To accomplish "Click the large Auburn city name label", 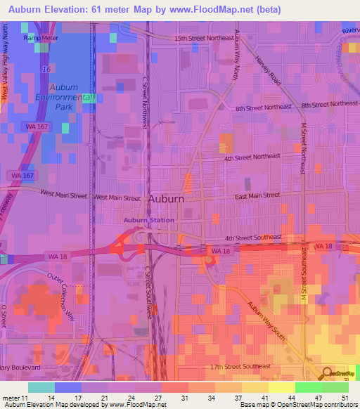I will [x=167, y=199].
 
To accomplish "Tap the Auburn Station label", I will [x=149, y=221].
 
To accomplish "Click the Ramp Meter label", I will [x=39, y=38].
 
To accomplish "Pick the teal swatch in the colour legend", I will [x=41, y=387].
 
